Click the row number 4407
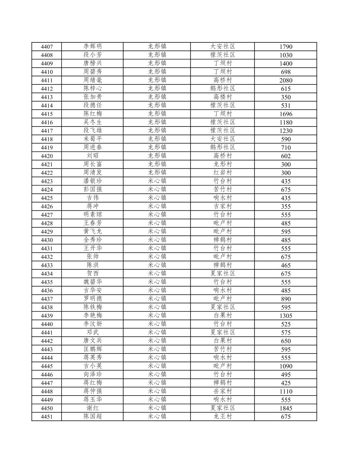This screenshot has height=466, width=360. point(47,47)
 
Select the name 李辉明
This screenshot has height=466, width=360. point(93,46)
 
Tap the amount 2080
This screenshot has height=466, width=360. point(286,80)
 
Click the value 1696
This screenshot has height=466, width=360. point(286,114)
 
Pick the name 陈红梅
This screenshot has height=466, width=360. point(93,113)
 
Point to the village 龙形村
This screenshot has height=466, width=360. point(223,164)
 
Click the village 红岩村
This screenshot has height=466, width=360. point(223,173)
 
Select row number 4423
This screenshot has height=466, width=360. point(47,181)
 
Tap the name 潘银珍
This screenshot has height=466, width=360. point(93,181)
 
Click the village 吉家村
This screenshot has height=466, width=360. point(223,206)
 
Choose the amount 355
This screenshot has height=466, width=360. point(286,206)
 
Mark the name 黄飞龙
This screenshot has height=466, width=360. point(93,231)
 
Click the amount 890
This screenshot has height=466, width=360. point(286,299)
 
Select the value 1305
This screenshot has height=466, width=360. point(286,316)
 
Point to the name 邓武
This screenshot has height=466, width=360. point(93,332)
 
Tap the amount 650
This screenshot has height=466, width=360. point(286,341)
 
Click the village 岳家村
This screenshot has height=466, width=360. point(223,391)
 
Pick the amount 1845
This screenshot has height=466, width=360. point(286,408)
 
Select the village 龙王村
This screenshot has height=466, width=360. point(223,416)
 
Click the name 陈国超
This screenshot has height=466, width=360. point(93,416)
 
